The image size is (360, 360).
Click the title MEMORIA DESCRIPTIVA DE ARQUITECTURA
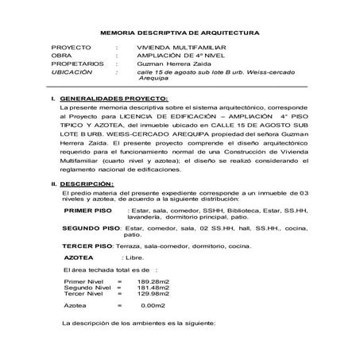click(179, 34)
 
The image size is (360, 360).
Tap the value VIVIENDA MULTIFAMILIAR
click(173, 48)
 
